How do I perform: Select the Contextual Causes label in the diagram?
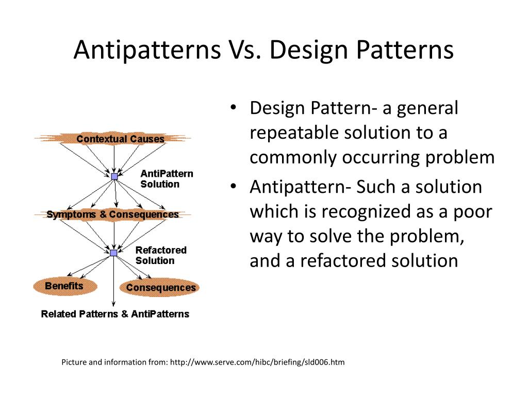(120, 139)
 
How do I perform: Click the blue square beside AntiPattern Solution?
(114, 176)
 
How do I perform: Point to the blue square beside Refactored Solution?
(113, 253)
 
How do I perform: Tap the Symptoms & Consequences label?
(112, 214)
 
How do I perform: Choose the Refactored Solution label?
(161, 255)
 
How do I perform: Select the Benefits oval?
(64, 286)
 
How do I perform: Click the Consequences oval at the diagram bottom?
(161, 288)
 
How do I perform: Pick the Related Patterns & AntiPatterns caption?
(115, 314)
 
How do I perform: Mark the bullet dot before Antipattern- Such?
(234, 187)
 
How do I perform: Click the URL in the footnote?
(257, 362)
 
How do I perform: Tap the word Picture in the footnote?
(75, 362)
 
